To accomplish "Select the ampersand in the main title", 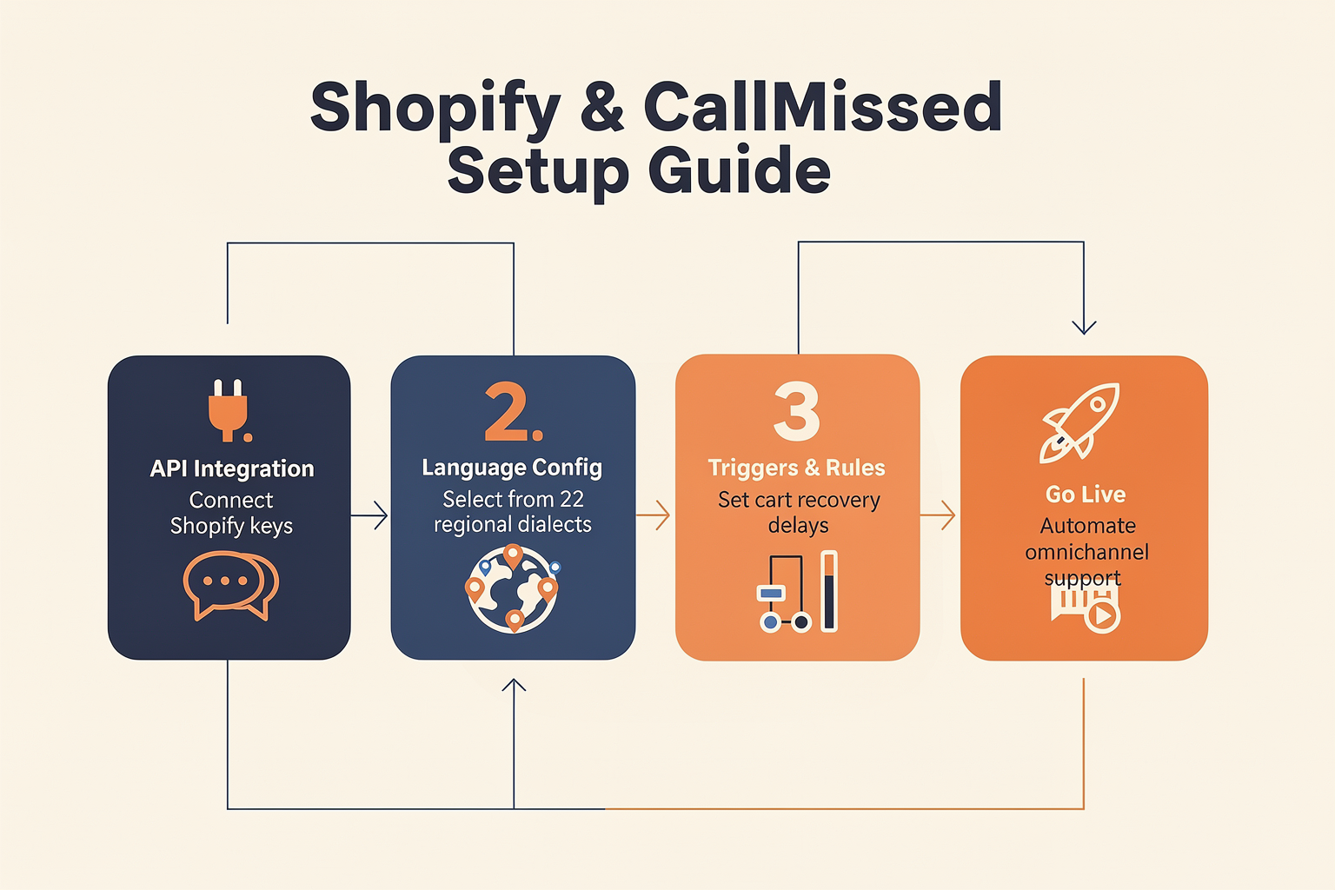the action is (x=602, y=107).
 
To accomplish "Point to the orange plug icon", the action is (x=229, y=410).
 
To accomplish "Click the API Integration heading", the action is (x=232, y=468).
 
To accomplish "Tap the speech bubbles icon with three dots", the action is (x=230, y=585).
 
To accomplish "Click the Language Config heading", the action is (x=512, y=468).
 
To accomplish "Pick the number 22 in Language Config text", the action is (x=572, y=499).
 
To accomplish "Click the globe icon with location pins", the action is (x=512, y=588).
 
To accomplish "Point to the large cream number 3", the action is (x=797, y=411).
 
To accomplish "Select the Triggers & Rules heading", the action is (x=796, y=468).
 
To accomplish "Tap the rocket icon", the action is (x=1079, y=422).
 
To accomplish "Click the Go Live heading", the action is (x=1086, y=495).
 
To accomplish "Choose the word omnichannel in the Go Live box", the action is (x=1086, y=552).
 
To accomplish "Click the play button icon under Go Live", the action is (x=1102, y=616).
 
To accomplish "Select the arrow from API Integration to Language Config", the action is (x=369, y=515).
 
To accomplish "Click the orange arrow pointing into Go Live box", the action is (x=938, y=515).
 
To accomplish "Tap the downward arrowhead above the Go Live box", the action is (x=1084, y=328).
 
